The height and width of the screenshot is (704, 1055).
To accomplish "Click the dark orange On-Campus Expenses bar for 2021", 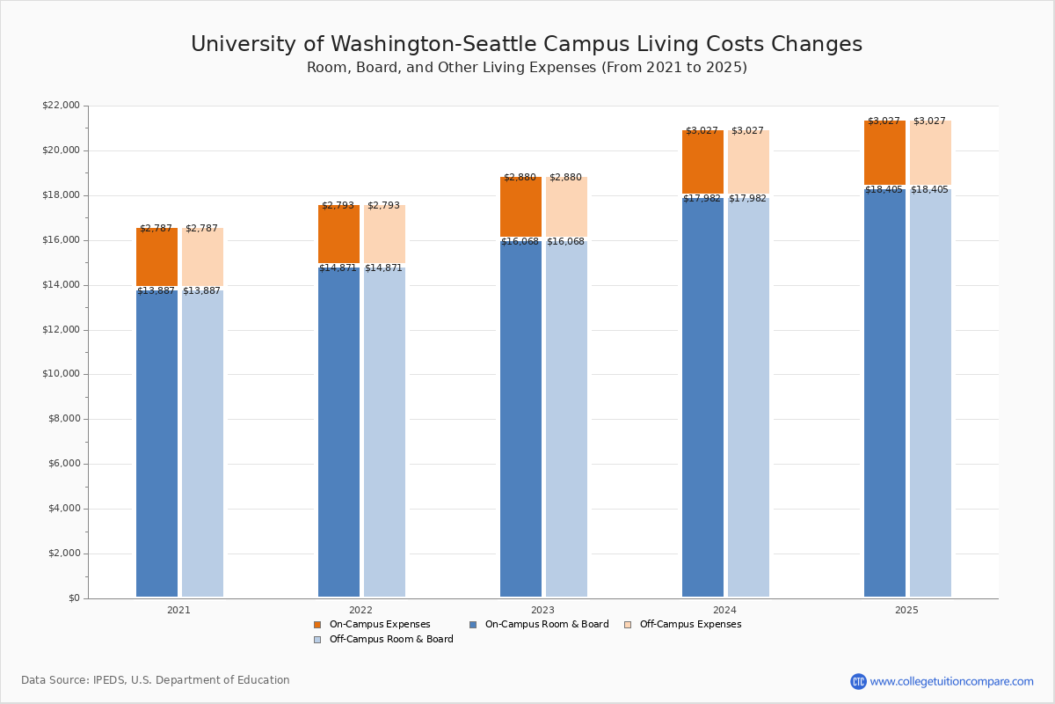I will coord(156,257).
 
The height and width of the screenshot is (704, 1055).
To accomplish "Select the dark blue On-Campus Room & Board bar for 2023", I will coord(520,419).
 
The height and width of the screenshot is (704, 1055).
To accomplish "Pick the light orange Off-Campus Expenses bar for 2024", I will coord(748,163).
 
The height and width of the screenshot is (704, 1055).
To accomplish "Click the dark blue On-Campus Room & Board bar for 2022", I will coord(338,431).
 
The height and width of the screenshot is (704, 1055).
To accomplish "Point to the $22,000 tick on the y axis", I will coord(61,106).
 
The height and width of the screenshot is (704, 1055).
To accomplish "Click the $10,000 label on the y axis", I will coord(61,374).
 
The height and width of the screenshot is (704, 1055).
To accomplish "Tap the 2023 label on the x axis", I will coord(542,610).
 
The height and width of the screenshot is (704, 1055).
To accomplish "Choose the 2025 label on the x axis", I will coord(906,610).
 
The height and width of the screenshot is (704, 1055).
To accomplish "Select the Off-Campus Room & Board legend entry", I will coord(391,640).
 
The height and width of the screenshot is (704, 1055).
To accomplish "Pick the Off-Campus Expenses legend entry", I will coord(690,625).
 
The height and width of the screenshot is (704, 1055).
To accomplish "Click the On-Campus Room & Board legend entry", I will coord(546,625).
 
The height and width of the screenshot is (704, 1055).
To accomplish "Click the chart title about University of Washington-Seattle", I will coord(527,45).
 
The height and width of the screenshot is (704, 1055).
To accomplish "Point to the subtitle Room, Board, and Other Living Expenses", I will coord(527,68).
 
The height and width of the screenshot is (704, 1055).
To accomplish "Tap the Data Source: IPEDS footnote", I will coord(156,680).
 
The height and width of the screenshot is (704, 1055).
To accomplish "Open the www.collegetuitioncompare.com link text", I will coord(951,681).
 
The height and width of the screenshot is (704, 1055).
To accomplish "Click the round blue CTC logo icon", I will coord(858,681).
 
